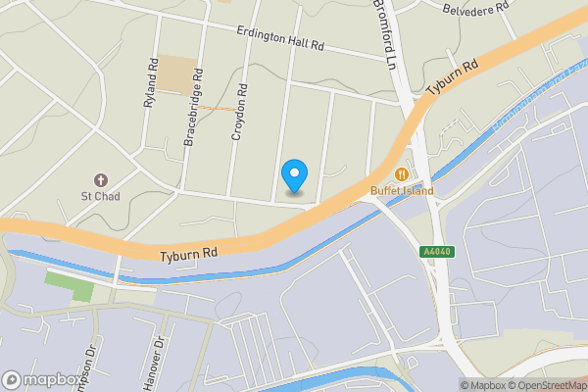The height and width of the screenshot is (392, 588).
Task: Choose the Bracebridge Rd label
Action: point(193,108)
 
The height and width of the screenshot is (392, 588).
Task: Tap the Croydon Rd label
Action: point(240,110)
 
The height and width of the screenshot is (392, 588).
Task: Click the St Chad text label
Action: point(99,196)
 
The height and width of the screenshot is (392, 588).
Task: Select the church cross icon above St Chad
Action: point(100,180)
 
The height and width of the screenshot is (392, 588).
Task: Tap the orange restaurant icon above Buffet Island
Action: point(401,174)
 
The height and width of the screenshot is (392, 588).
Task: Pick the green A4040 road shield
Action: point(437,252)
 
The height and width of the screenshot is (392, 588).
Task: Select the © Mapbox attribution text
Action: point(486,385)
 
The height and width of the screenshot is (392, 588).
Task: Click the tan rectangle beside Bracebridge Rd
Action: point(177,74)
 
